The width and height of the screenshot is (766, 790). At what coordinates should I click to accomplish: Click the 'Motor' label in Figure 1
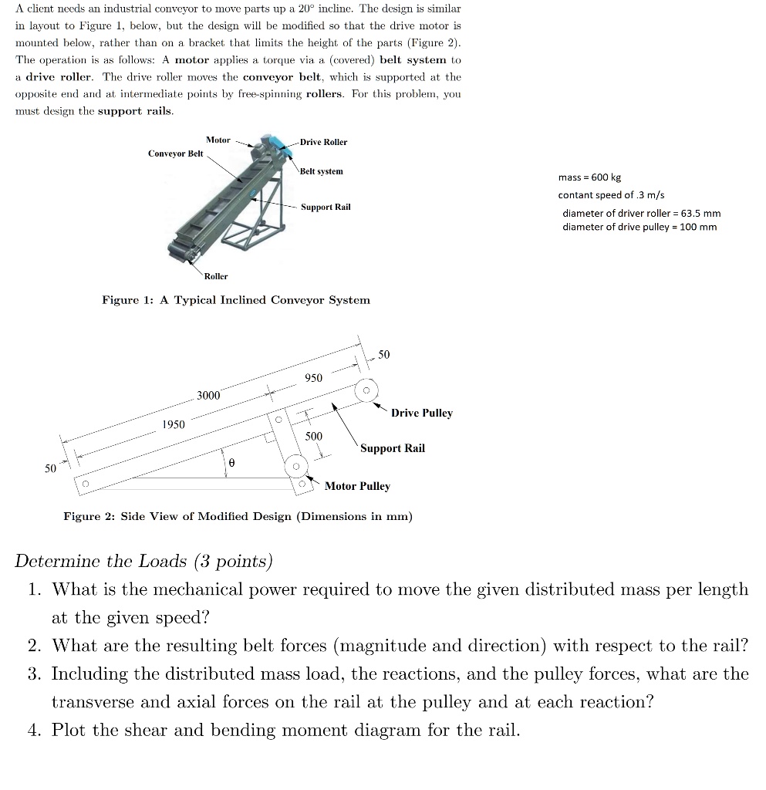[x=218, y=140]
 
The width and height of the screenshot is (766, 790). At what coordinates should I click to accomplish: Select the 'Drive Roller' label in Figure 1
[x=323, y=142]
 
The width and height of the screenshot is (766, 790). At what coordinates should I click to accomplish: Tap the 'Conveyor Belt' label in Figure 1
[x=176, y=154]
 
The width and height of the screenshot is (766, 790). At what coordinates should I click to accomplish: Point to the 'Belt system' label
[x=322, y=170]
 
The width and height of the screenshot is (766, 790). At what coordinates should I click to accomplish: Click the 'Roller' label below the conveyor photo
[x=216, y=275]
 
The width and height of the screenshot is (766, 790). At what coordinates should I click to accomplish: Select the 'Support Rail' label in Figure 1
[x=326, y=207]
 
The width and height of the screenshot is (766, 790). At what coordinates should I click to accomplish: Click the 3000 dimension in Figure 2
[x=208, y=395]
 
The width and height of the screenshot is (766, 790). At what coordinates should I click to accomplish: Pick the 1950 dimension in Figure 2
[x=173, y=425]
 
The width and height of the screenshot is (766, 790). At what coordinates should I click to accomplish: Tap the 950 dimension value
[x=313, y=378]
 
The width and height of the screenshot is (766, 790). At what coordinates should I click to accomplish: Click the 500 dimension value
[x=314, y=436]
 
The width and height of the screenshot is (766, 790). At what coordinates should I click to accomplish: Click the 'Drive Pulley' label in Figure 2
[x=421, y=413]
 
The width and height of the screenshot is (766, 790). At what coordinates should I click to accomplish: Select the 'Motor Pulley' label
[x=357, y=486]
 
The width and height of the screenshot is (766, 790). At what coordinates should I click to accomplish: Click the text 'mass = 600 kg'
[x=589, y=177]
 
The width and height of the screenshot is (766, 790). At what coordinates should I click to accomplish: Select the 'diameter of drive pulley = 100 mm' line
[x=639, y=227]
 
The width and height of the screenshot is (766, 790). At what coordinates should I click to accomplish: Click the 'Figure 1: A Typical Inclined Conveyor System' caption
[x=236, y=299]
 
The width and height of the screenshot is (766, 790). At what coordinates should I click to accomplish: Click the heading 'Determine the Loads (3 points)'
[x=143, y=561]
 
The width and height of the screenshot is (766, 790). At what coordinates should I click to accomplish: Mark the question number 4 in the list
[x=34, y=730]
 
